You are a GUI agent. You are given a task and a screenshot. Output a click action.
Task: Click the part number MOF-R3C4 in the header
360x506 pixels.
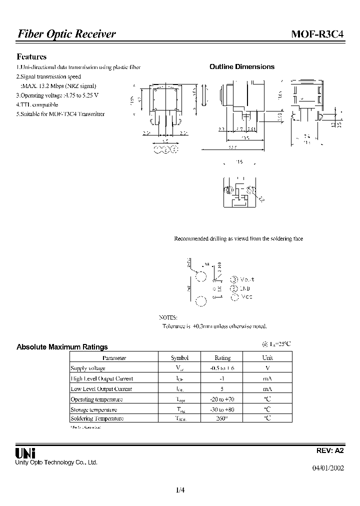pyautogui.click(x=317, y=34)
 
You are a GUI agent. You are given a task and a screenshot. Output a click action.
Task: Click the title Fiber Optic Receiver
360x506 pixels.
pyautogui.click(x=66, y=34)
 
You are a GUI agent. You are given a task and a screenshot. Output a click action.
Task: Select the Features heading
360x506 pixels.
pyautogui.click(x=31, y=57)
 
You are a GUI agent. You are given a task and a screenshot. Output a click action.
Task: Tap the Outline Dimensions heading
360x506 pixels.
pyautogui.click(x=241, y=67)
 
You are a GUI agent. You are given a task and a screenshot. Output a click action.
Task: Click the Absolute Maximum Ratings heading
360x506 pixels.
pyautogui.click(x=62, y=346)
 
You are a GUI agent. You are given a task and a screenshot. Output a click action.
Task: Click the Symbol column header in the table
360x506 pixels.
pyautogui.click(x=179, y=358)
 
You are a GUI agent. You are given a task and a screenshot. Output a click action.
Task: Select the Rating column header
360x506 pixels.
pyautogui.click(x=222, y=358)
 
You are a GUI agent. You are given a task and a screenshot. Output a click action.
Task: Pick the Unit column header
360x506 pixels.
pyautogui.click(x=267, y=358)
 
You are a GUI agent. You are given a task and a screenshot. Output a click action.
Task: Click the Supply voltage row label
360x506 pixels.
pyautogui.click(x=88, y=368)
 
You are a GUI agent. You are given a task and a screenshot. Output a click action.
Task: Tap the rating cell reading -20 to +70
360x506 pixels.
pyautogui.click(x=222, y=399)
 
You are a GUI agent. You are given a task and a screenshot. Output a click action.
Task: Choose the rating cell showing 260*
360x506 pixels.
pyautogui.click(x=222, y=418)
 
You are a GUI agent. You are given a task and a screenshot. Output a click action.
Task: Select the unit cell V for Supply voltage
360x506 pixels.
pyautogui.click(x=267, y=368)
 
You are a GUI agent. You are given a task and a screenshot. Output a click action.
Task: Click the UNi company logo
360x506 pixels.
pyautogui.click(x=25, y=453)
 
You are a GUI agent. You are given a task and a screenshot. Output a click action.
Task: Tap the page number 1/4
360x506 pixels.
pyautogui.click(x=180, y=490)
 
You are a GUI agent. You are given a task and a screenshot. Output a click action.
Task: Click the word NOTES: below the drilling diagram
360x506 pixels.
pyautogui.click(x=167, y=317)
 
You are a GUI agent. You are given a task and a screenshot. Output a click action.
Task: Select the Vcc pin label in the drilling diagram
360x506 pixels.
pyautogui.click(x=246, y=297)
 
